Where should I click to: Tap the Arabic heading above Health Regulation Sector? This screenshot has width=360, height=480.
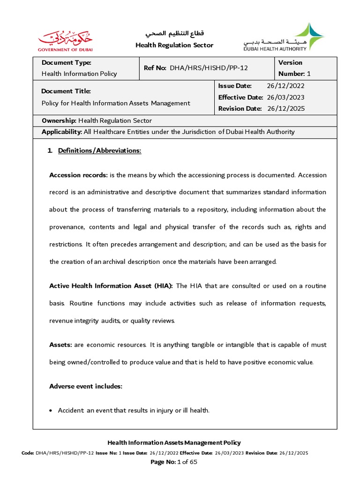click(x=174, y=34)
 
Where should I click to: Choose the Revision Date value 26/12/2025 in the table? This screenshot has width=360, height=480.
click(x=286, y=108)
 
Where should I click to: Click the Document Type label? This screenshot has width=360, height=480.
click(x=66, y=62)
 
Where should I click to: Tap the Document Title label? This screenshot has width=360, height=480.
click(x=66, y=91)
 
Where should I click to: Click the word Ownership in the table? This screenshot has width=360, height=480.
click(x=59, y=120)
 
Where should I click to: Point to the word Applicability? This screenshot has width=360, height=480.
click(x=61, y=132)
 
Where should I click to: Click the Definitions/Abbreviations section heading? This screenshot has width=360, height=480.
click(x=99, y=150)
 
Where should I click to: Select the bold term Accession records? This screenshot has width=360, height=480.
click(x=78, y=175)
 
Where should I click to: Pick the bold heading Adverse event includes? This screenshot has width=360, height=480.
click(x=85, y=386)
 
